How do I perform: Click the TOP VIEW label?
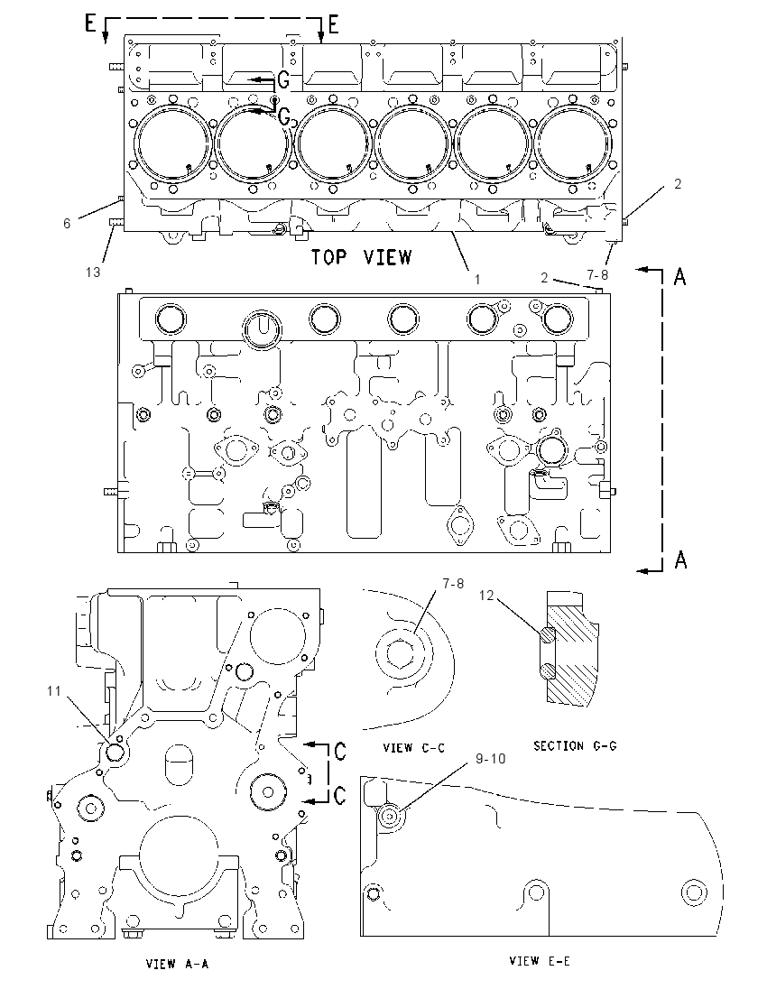click(x=362, y=257)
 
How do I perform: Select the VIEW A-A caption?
click(x=177, y=964)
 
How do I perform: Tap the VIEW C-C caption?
click(x=414, y=748)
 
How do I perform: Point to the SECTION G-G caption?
click(x=576, y=746)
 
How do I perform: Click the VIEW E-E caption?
click(x=540, y=961)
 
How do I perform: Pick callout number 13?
click(x=93, y=272)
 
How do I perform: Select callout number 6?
click(x=66, y=223)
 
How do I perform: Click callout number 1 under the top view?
click(x=477, y=279)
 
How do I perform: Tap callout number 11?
click(x=53, y=691)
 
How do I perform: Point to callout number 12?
click(x=485, y=596)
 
